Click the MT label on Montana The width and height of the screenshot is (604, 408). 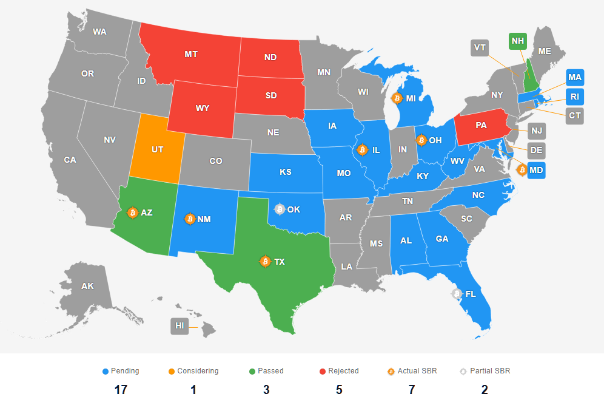(x=191, y=54)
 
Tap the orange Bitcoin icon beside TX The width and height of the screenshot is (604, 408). (x=264, y=261)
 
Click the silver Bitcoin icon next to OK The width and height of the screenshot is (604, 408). (x=279, y=209)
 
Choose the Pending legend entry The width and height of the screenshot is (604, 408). (x=121, y=371)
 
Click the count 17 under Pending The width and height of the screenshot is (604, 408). (x=121, y=390)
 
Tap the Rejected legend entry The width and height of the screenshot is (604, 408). (x=339, y=371)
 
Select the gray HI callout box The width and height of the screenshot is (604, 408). (x=180, y=326)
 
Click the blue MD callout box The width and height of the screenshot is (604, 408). (x=536, y=170)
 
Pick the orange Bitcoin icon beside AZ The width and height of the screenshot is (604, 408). (x=132, y=212)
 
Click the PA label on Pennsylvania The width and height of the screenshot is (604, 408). (x=481, y=126)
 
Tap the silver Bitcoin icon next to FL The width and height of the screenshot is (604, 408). (x=456, y=294)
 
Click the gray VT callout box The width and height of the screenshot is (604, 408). (x=480, y=48)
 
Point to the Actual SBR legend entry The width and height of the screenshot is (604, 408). (x=412, y=371)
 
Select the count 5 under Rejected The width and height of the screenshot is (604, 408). (x=339, y=390)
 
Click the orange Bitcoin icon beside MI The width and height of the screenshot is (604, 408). (x=397, y=98)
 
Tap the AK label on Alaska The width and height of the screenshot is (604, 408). (x=88, y=285)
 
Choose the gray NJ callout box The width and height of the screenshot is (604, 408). (x=537, y=131)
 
